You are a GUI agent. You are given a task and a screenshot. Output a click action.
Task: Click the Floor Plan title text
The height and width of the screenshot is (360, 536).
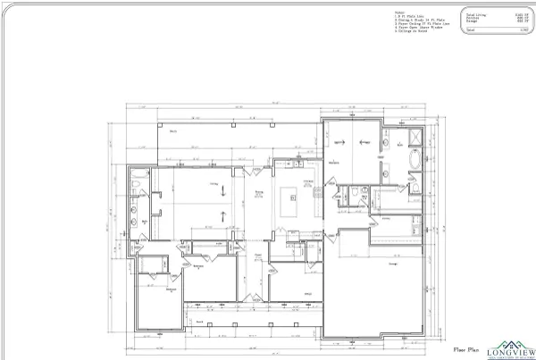(468, 349)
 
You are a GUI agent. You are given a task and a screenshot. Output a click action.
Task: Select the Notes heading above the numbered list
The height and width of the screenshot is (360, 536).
(398, 11)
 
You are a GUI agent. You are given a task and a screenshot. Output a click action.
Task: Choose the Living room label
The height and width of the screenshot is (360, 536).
(215, 185)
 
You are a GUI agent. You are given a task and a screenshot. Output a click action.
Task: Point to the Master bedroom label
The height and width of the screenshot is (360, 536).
(332, 163)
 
